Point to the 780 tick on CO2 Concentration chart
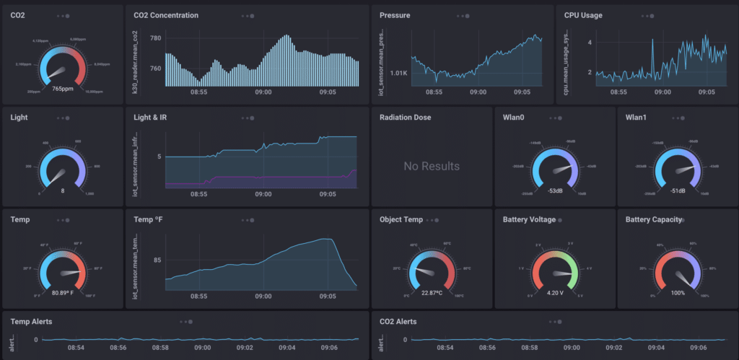[x=155, y=38]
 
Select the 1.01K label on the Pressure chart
[x=398, y=73]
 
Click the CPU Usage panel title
[x=583, y=15]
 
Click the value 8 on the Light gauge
[x=63, y=190]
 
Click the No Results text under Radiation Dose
[x=432, y=167]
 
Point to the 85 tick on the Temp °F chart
[x=157, y=260]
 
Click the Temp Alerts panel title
[x=32, y=321]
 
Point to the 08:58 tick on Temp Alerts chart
[x=160, y=348]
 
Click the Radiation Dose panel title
[x=405, y=117]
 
